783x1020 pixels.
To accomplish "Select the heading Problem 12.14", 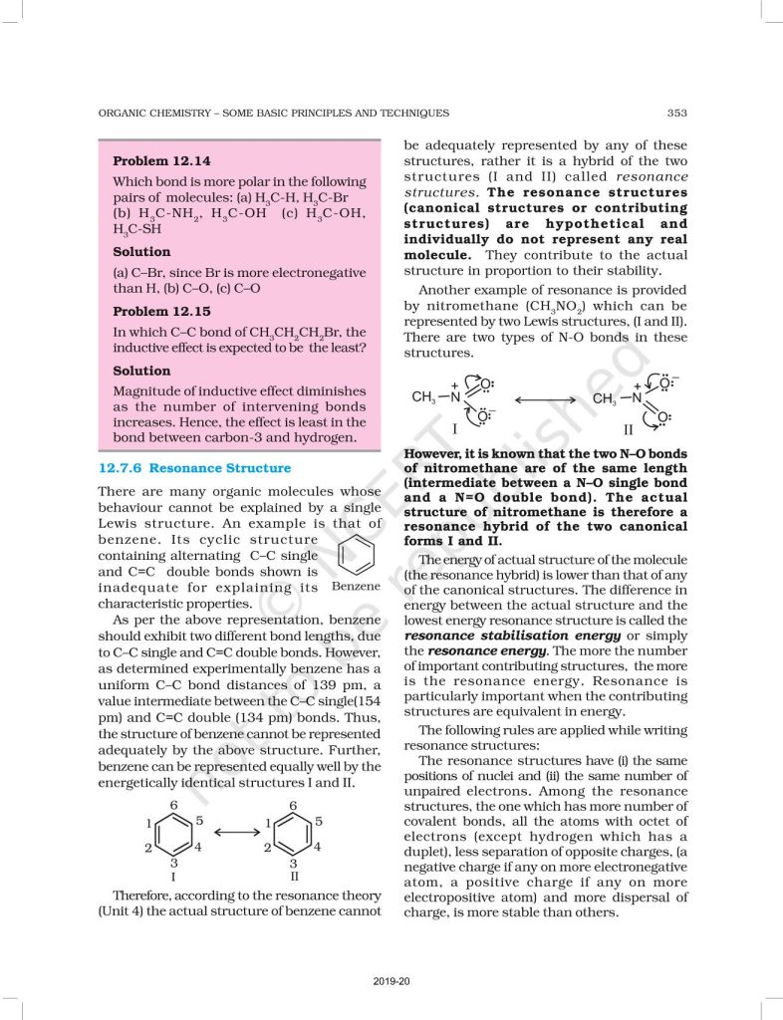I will click(161, 160).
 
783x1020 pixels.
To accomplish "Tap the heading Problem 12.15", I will click(161, 311).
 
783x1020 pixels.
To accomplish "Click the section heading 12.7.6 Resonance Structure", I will click(195, 468).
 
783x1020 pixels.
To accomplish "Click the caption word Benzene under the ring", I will click(357, 587).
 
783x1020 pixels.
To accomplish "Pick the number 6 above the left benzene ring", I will click(173, 804).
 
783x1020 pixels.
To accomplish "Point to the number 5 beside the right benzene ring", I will click(318, 821).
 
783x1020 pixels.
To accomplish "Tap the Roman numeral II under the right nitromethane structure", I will click(628, 430).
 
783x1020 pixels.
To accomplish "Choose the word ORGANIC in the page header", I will click(125, 113).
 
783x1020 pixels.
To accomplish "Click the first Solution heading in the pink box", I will click(141, 252).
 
